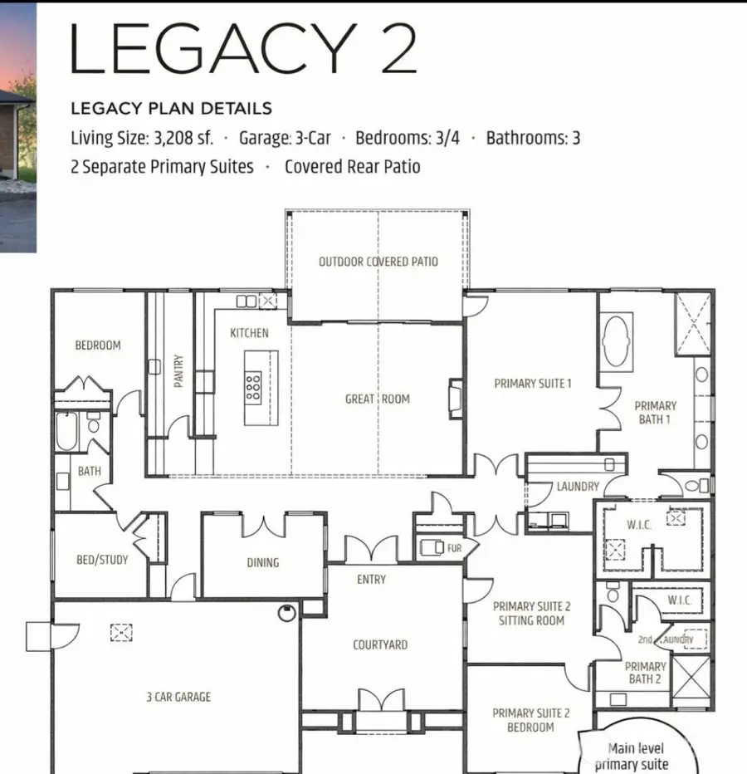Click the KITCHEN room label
tap(249, 333)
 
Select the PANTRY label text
tap(178, 371)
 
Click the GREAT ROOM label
tap(378, 399)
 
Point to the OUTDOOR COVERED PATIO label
tap(378, 262)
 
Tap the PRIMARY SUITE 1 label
tap(533, 384)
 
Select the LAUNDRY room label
tap(578, 487)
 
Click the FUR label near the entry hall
tap(454, 549)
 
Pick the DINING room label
tap(263, 562)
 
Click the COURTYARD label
tap(380, 644)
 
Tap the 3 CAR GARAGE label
tap(178, 697)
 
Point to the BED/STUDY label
tap(102, 560)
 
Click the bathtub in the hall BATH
tap(66, 431)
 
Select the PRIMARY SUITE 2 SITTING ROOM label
tap(531, 613)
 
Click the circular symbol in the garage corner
tap(287, 614)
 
